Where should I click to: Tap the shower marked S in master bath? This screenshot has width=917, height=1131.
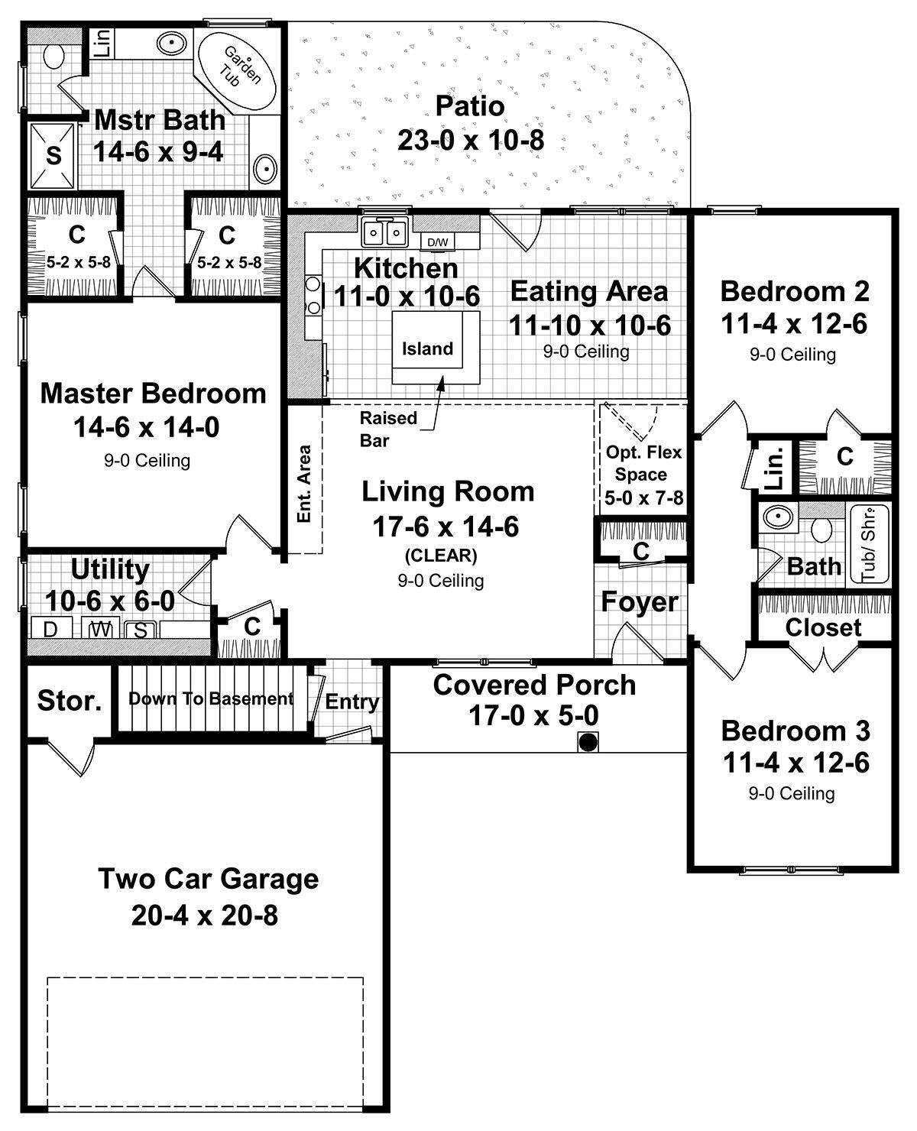53,155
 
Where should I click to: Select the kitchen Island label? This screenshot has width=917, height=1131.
428,348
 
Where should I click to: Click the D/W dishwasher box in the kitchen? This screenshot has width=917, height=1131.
438,242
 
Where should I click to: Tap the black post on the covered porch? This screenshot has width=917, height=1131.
587,741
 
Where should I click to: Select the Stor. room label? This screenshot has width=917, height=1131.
70,700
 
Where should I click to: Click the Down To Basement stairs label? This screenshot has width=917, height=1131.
210,698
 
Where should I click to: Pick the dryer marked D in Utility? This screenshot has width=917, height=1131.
50,630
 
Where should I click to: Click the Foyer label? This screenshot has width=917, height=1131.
640,602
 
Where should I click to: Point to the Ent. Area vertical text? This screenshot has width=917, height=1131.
304,484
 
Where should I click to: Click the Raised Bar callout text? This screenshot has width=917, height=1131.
388,429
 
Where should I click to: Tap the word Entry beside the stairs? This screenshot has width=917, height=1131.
352,702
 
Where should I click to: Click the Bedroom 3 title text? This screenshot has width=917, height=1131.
795,731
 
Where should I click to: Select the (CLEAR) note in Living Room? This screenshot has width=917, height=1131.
440,556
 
